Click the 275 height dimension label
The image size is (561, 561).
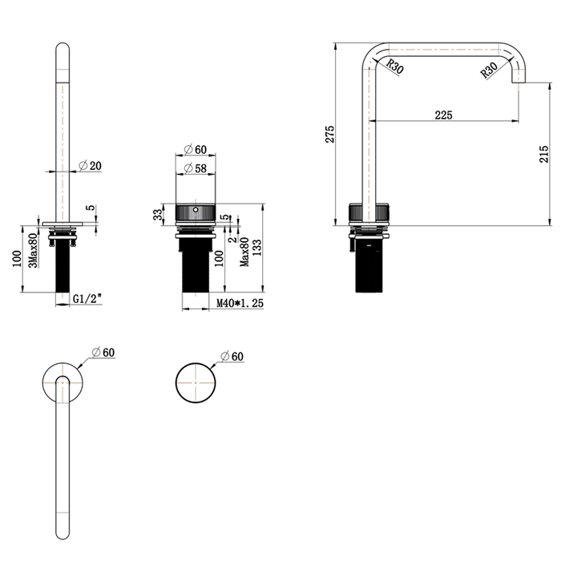(329, 134)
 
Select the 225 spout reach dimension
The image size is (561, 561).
(443, 115)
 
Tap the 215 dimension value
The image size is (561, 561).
(543, 154)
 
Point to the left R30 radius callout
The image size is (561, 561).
(395, 67)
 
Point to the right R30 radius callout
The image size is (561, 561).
(489, 71)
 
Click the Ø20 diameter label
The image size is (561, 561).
(90, 166)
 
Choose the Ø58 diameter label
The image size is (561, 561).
(196, 167)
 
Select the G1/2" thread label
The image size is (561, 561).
(87, 298)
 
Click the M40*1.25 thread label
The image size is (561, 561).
(240, 303)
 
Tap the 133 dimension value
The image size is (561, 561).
(257, 248)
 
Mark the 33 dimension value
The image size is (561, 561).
(158, 214)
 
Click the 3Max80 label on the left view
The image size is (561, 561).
(33, 250)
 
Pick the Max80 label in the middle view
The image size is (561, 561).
(244, 252)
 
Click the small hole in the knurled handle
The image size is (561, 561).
(196, 210)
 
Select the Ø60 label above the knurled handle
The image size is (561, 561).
(196, 149)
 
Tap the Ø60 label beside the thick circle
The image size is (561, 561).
(232, 357)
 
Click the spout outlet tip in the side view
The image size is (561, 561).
(519, 83)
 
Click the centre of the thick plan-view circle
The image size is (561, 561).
(196, 382)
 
